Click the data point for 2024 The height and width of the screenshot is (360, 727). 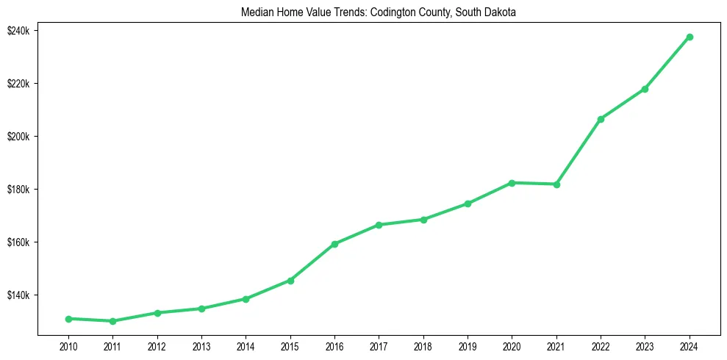(690, 37)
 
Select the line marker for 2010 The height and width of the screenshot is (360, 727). (68, 319)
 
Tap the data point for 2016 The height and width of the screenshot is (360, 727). (334, 244)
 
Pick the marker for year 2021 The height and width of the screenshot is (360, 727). (556, 184)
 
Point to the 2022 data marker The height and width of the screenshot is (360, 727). (601, 119)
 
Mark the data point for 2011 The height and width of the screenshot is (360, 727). (112, 321)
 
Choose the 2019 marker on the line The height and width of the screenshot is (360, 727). (468, 204)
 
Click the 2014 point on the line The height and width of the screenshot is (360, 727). (246, 299)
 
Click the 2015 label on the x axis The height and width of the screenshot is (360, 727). (290, 345)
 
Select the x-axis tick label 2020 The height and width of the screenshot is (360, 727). (512, 345)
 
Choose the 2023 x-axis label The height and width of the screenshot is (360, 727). (645, 345)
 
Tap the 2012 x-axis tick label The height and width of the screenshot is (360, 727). (157, 345)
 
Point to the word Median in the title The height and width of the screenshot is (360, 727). (257, 12)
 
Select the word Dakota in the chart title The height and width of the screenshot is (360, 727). (502, 12)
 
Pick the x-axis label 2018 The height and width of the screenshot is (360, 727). (423, 345)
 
